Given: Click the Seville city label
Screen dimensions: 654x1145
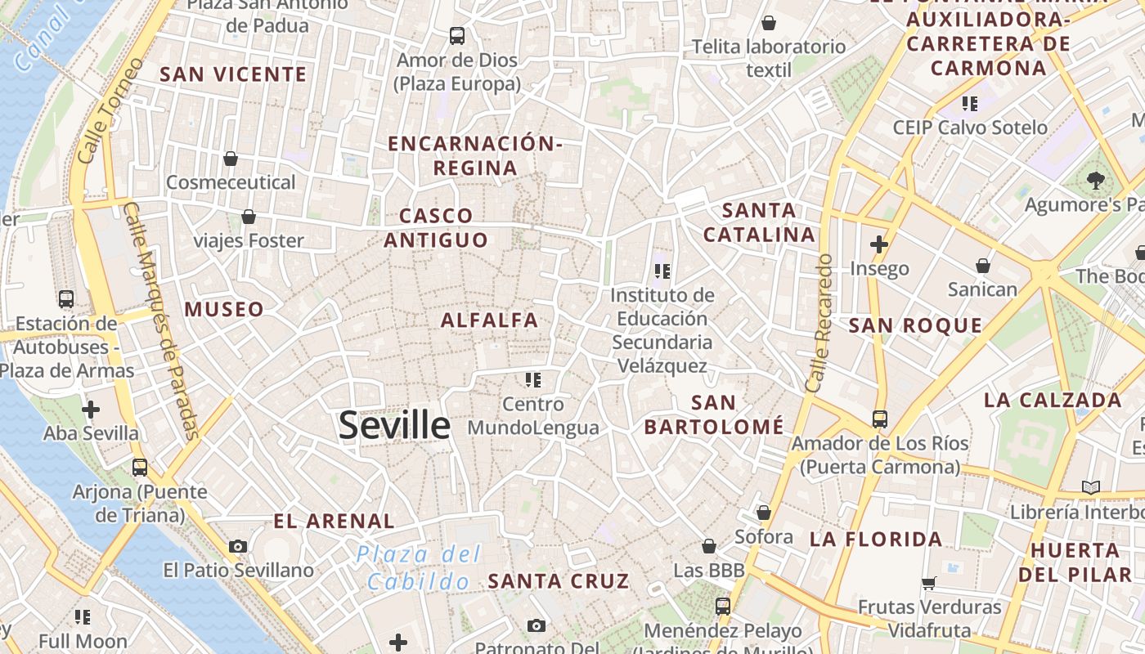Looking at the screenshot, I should click(394, 425).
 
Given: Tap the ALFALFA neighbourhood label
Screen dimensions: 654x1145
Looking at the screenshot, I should click(489, 320).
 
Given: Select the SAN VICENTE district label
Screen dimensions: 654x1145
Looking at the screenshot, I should click(233, 74).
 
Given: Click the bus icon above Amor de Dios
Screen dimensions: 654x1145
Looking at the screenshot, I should click(456, 36).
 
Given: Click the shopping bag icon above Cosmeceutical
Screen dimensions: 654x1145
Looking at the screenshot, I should click(231, 158).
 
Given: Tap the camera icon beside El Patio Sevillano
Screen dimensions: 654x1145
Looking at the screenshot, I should click(238, 546).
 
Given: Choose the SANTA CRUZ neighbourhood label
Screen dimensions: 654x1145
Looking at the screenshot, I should click(559, 581).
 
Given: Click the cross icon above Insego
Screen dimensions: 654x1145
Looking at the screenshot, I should click(879, 244).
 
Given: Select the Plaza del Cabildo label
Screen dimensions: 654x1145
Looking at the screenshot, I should click(419, 567).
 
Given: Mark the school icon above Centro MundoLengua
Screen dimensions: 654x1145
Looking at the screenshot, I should click(533, 379).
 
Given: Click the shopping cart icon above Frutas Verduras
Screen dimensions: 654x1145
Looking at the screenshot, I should click(929, 583).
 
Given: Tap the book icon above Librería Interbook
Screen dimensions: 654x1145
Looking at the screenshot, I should click(1091, 487).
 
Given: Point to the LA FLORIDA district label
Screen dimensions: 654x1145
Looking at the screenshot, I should click(876, 539).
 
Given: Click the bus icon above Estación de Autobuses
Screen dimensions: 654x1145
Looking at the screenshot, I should click(66, 299).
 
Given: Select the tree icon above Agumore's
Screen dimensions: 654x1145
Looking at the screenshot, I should click(1096, 180).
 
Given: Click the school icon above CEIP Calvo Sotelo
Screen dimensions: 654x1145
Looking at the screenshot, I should click(970, 103).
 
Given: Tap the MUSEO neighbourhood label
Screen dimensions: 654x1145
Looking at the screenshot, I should click(224, 309).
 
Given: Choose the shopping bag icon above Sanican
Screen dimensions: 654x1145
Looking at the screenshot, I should click(983, 266).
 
